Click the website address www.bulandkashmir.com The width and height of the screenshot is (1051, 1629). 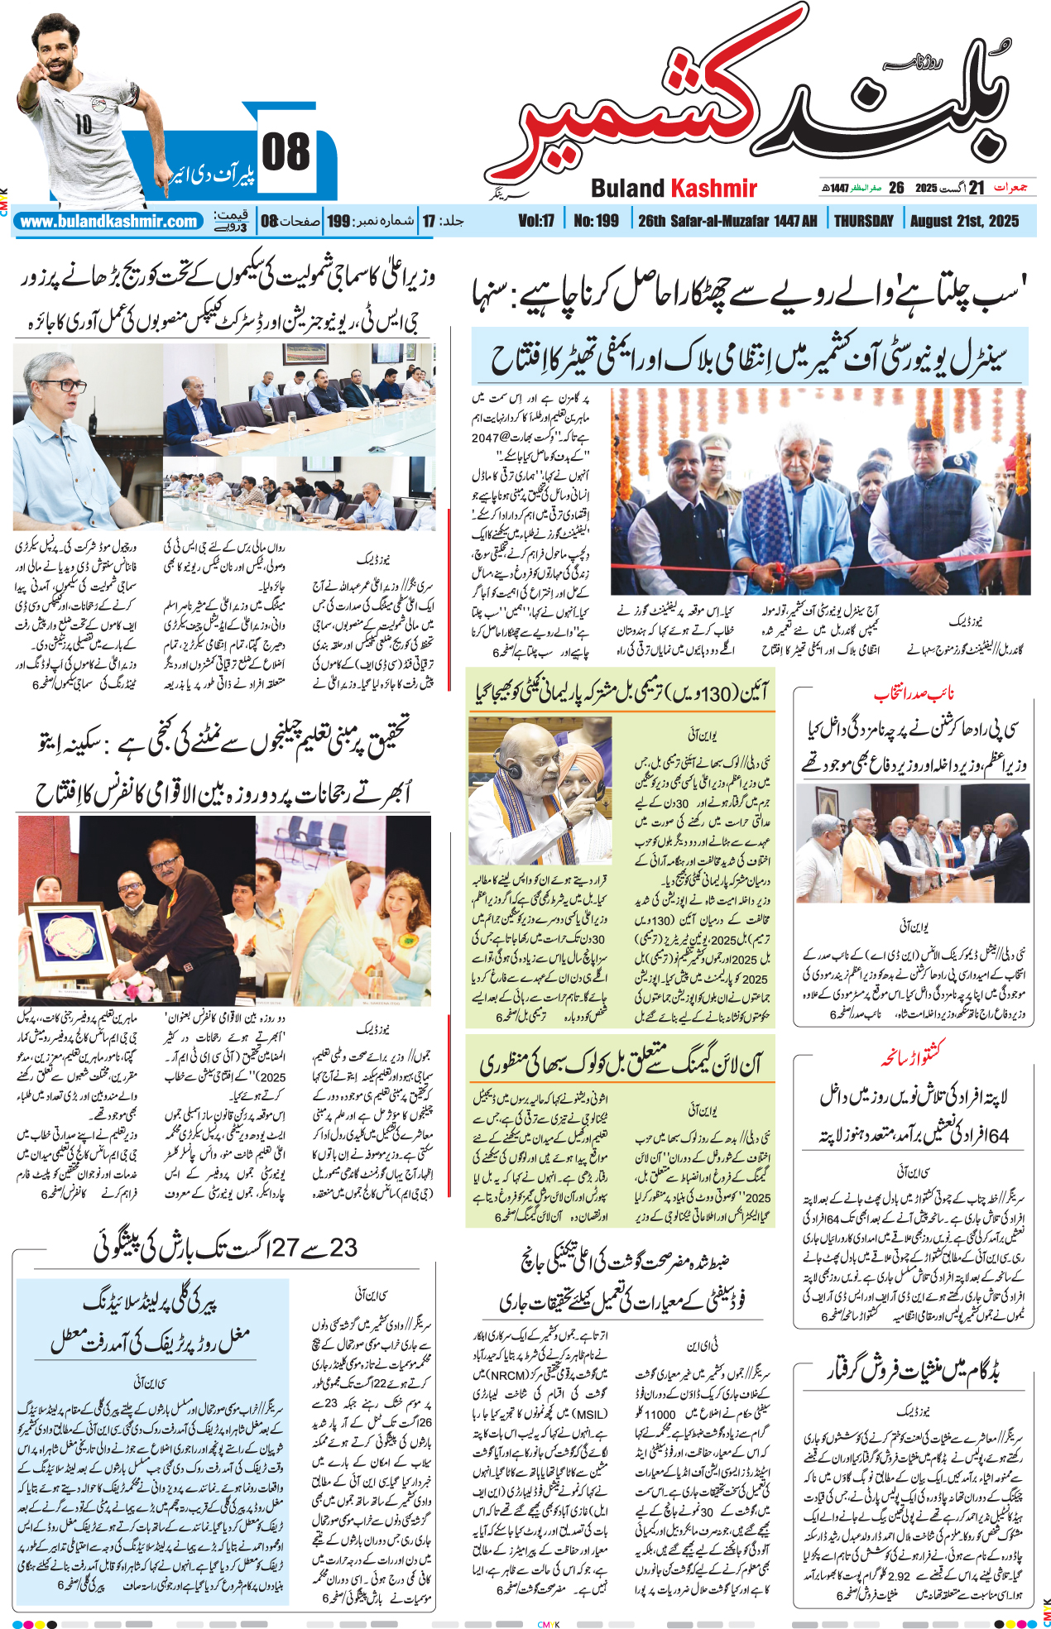(x=108, y=222)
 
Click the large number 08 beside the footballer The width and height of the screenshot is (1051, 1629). (x=286, y=152)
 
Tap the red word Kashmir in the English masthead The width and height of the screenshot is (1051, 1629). (x=713, y=189)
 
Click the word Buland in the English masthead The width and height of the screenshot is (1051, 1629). (x=628, y=189)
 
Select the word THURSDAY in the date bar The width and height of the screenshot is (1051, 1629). (x=863, y=221)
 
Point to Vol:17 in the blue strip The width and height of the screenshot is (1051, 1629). (x=536, y=221)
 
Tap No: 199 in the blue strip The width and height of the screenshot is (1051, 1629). (x=596, y=221)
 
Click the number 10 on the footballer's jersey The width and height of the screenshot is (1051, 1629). (x=84, y=124)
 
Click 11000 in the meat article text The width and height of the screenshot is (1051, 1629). (x=660, y=1415)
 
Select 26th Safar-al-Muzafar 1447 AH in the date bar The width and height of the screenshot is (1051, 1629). (x=727, y=221)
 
